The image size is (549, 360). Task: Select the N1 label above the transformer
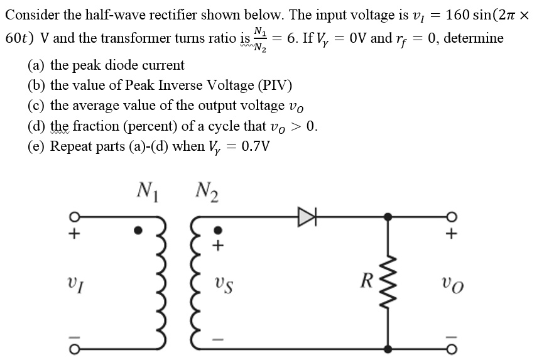148,188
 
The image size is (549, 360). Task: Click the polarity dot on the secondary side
217,229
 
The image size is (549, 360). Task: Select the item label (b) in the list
37,85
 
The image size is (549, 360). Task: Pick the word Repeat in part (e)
71,146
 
